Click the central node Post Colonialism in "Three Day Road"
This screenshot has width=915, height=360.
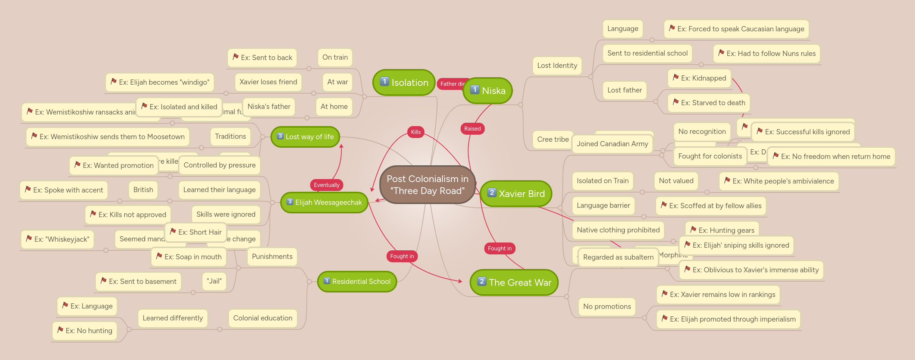tap(427, 185)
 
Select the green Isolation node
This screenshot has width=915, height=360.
tap(404, 82)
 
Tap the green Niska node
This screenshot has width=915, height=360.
tap(488, 91)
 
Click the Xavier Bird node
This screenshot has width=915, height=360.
tap(516, 194)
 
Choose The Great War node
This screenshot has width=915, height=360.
tap(514, 282)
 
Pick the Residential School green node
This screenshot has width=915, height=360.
tap(357, 282)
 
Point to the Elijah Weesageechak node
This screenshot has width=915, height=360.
tap(324, 203)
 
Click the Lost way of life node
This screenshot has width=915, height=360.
tap(305, 137)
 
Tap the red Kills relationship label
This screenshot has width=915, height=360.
tap(416, 132)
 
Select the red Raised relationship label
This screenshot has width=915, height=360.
tap(472, 129)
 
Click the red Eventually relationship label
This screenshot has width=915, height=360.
tap(326, 185)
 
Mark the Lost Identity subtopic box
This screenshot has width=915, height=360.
tap(557, 66)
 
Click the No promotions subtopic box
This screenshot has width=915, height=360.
tap(607, 307)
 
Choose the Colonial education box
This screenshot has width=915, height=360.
tap(263, 318)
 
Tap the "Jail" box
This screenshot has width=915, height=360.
tap(214, 281)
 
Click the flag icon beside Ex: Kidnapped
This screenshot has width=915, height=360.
tap(676, 77)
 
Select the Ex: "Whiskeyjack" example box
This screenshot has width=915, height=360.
tap(57, 240)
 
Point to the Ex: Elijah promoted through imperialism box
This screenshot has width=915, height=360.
tap(728, 319)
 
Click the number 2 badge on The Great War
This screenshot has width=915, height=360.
tap(482, 281)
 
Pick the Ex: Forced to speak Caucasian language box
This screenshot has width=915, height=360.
tap(736, 29)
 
